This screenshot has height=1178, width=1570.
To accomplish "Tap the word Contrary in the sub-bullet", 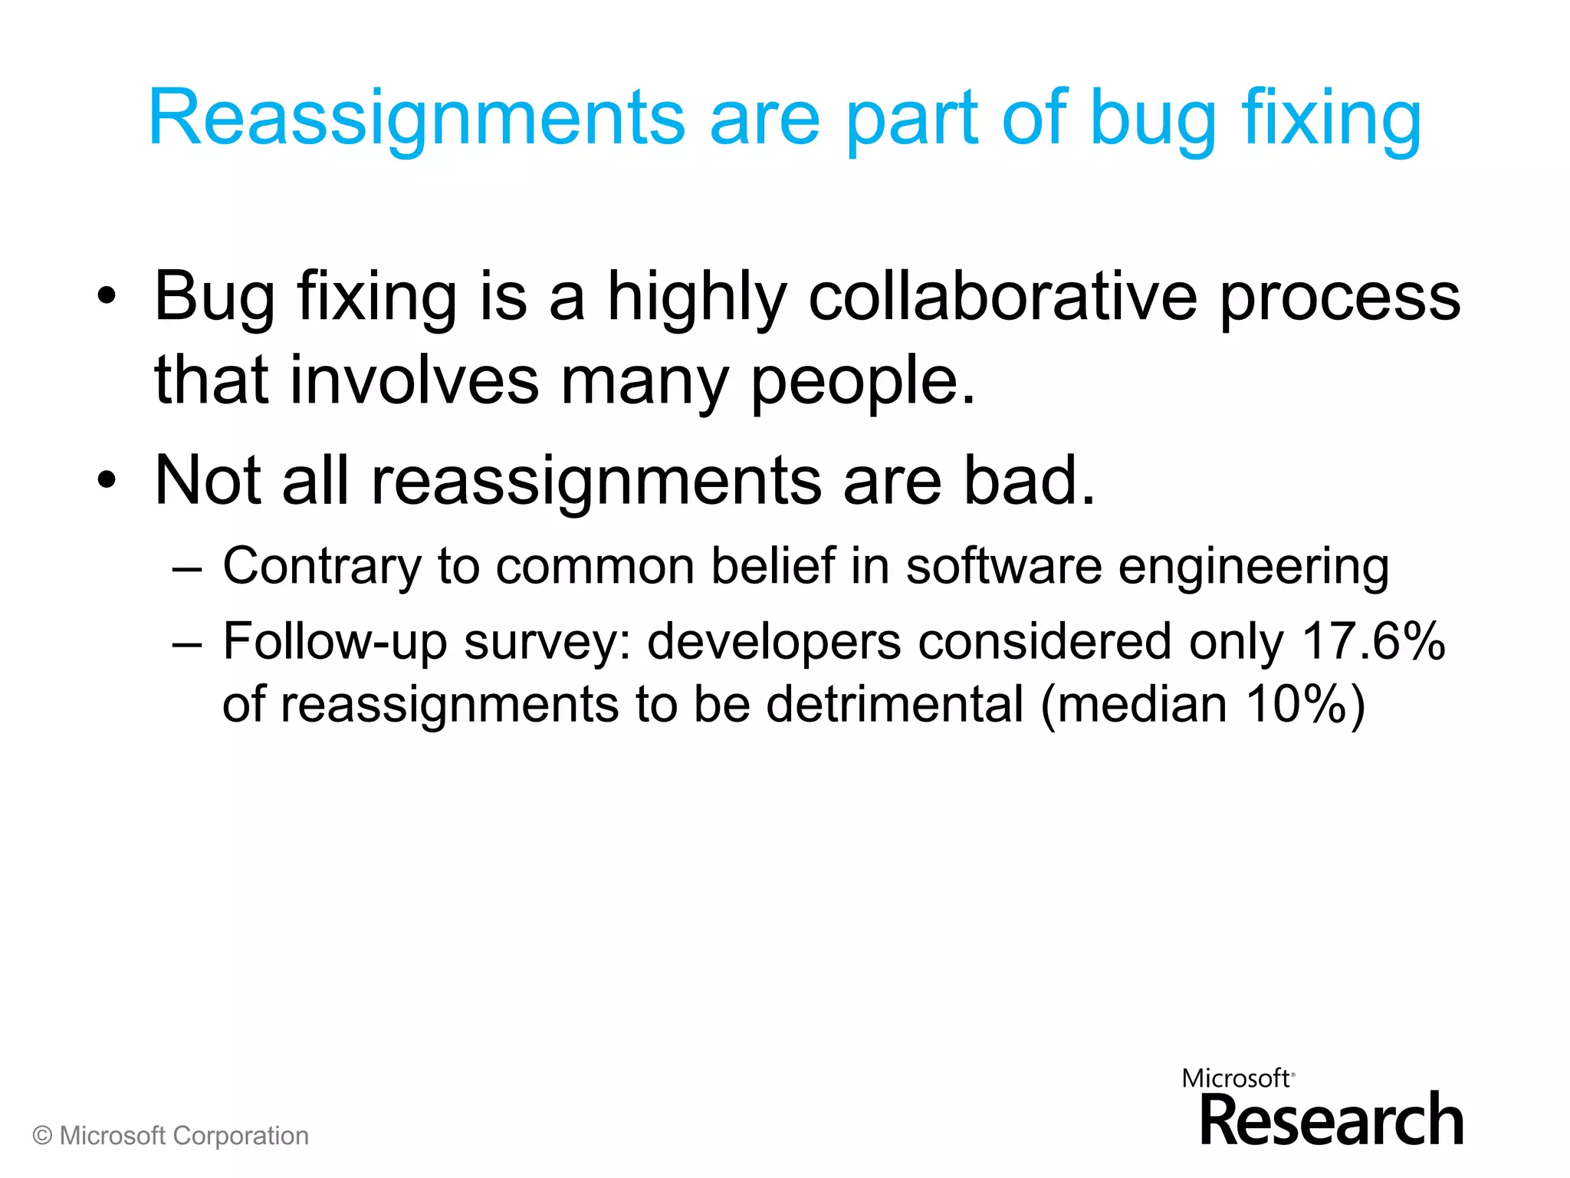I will point(322,567).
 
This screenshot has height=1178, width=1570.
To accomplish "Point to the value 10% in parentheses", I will point(1296,703).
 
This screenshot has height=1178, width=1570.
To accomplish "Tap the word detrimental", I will point(895,703).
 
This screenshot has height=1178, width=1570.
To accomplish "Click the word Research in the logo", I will point(1332,1120).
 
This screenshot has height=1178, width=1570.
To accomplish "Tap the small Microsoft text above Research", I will point(1236,1078).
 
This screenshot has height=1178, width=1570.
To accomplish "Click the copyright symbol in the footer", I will point(43,1136).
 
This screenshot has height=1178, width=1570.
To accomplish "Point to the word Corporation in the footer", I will point(240,1136).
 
